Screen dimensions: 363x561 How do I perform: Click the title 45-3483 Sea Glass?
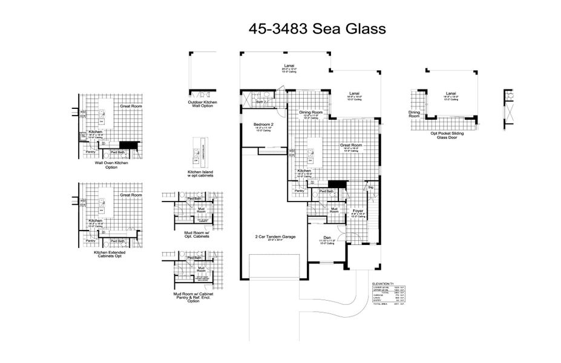tap(317, 29)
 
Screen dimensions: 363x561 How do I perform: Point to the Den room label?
tap(327, 237)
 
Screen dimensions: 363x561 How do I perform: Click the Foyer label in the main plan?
tap(358, 211)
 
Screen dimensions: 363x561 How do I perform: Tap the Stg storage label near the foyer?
tap(371, 188)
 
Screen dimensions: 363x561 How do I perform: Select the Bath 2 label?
tap(261, 102)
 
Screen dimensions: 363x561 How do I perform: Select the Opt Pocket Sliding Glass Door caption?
tap(447, 135)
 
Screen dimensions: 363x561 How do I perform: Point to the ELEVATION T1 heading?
tap(382, 283)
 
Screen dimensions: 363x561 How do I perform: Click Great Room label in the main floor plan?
tap(350, 145)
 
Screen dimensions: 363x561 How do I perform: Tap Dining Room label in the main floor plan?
tap(310, 113)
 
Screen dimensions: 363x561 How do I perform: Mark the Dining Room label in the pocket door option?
tap(415, 113)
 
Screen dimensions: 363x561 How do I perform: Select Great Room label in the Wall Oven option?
tap(130, 106)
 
